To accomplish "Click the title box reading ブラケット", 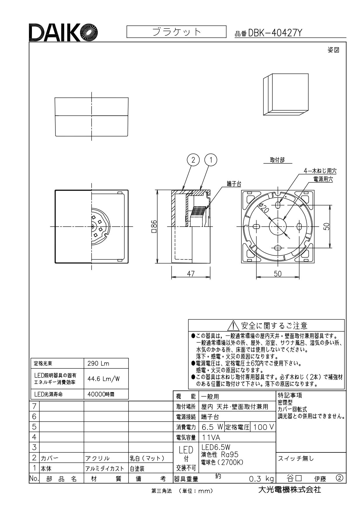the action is point(176,32).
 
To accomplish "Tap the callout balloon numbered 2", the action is point(194,160).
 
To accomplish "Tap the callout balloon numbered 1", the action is point(211,160).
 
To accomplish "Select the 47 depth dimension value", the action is point(191,273).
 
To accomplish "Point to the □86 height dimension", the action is point(154,227).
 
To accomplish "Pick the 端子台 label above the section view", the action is point(234,184).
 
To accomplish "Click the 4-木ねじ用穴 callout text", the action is point(320,171).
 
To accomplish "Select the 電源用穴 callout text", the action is point(323,179).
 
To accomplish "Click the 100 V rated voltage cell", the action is point(263,427).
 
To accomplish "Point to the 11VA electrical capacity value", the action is point(211,437).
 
